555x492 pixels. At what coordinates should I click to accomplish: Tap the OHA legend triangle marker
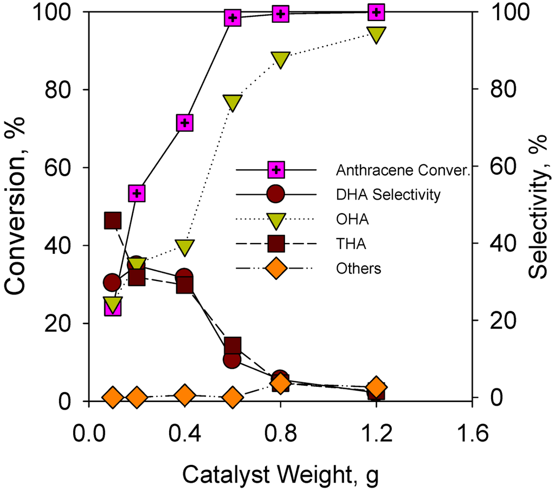tap(276, 219)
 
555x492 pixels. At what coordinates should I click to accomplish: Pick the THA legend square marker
tap(276, 244)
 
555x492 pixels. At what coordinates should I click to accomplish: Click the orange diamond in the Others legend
tap(276, 268)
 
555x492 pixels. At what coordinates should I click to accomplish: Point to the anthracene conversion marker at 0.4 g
tap(185, 123)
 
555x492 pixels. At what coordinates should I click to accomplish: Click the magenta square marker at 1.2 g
tap(377, 11)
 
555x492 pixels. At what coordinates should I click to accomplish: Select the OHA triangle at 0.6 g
tap(233, 102)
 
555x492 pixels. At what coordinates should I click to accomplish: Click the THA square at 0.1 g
tap(113, 221)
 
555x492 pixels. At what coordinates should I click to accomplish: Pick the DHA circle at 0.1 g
tap(113, 282)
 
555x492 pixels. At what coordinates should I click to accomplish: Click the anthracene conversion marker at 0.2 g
tap(137, 193)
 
